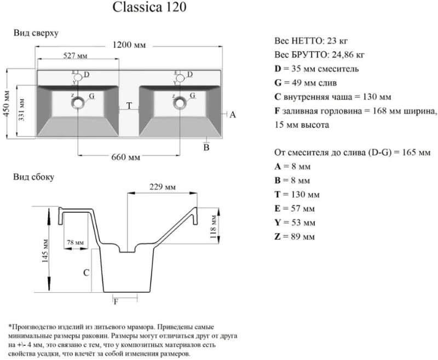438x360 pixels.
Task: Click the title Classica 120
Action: tap(148, 8)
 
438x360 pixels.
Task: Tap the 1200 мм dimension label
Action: tap(129, 45)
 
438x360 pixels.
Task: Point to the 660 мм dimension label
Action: tap(126, 158)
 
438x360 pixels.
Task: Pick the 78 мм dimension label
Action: tap(75, 242)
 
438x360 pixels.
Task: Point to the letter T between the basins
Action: tap(129, 106)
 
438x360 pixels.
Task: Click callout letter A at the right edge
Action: tap(232, 115)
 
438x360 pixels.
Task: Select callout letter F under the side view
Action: tap(116, 301)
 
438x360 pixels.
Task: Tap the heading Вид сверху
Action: tap(36, 33)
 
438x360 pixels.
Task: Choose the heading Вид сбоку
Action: tap(33, 177)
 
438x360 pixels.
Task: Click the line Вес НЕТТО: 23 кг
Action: tap(311, 41)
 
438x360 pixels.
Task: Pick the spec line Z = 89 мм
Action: tap(295, 237)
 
